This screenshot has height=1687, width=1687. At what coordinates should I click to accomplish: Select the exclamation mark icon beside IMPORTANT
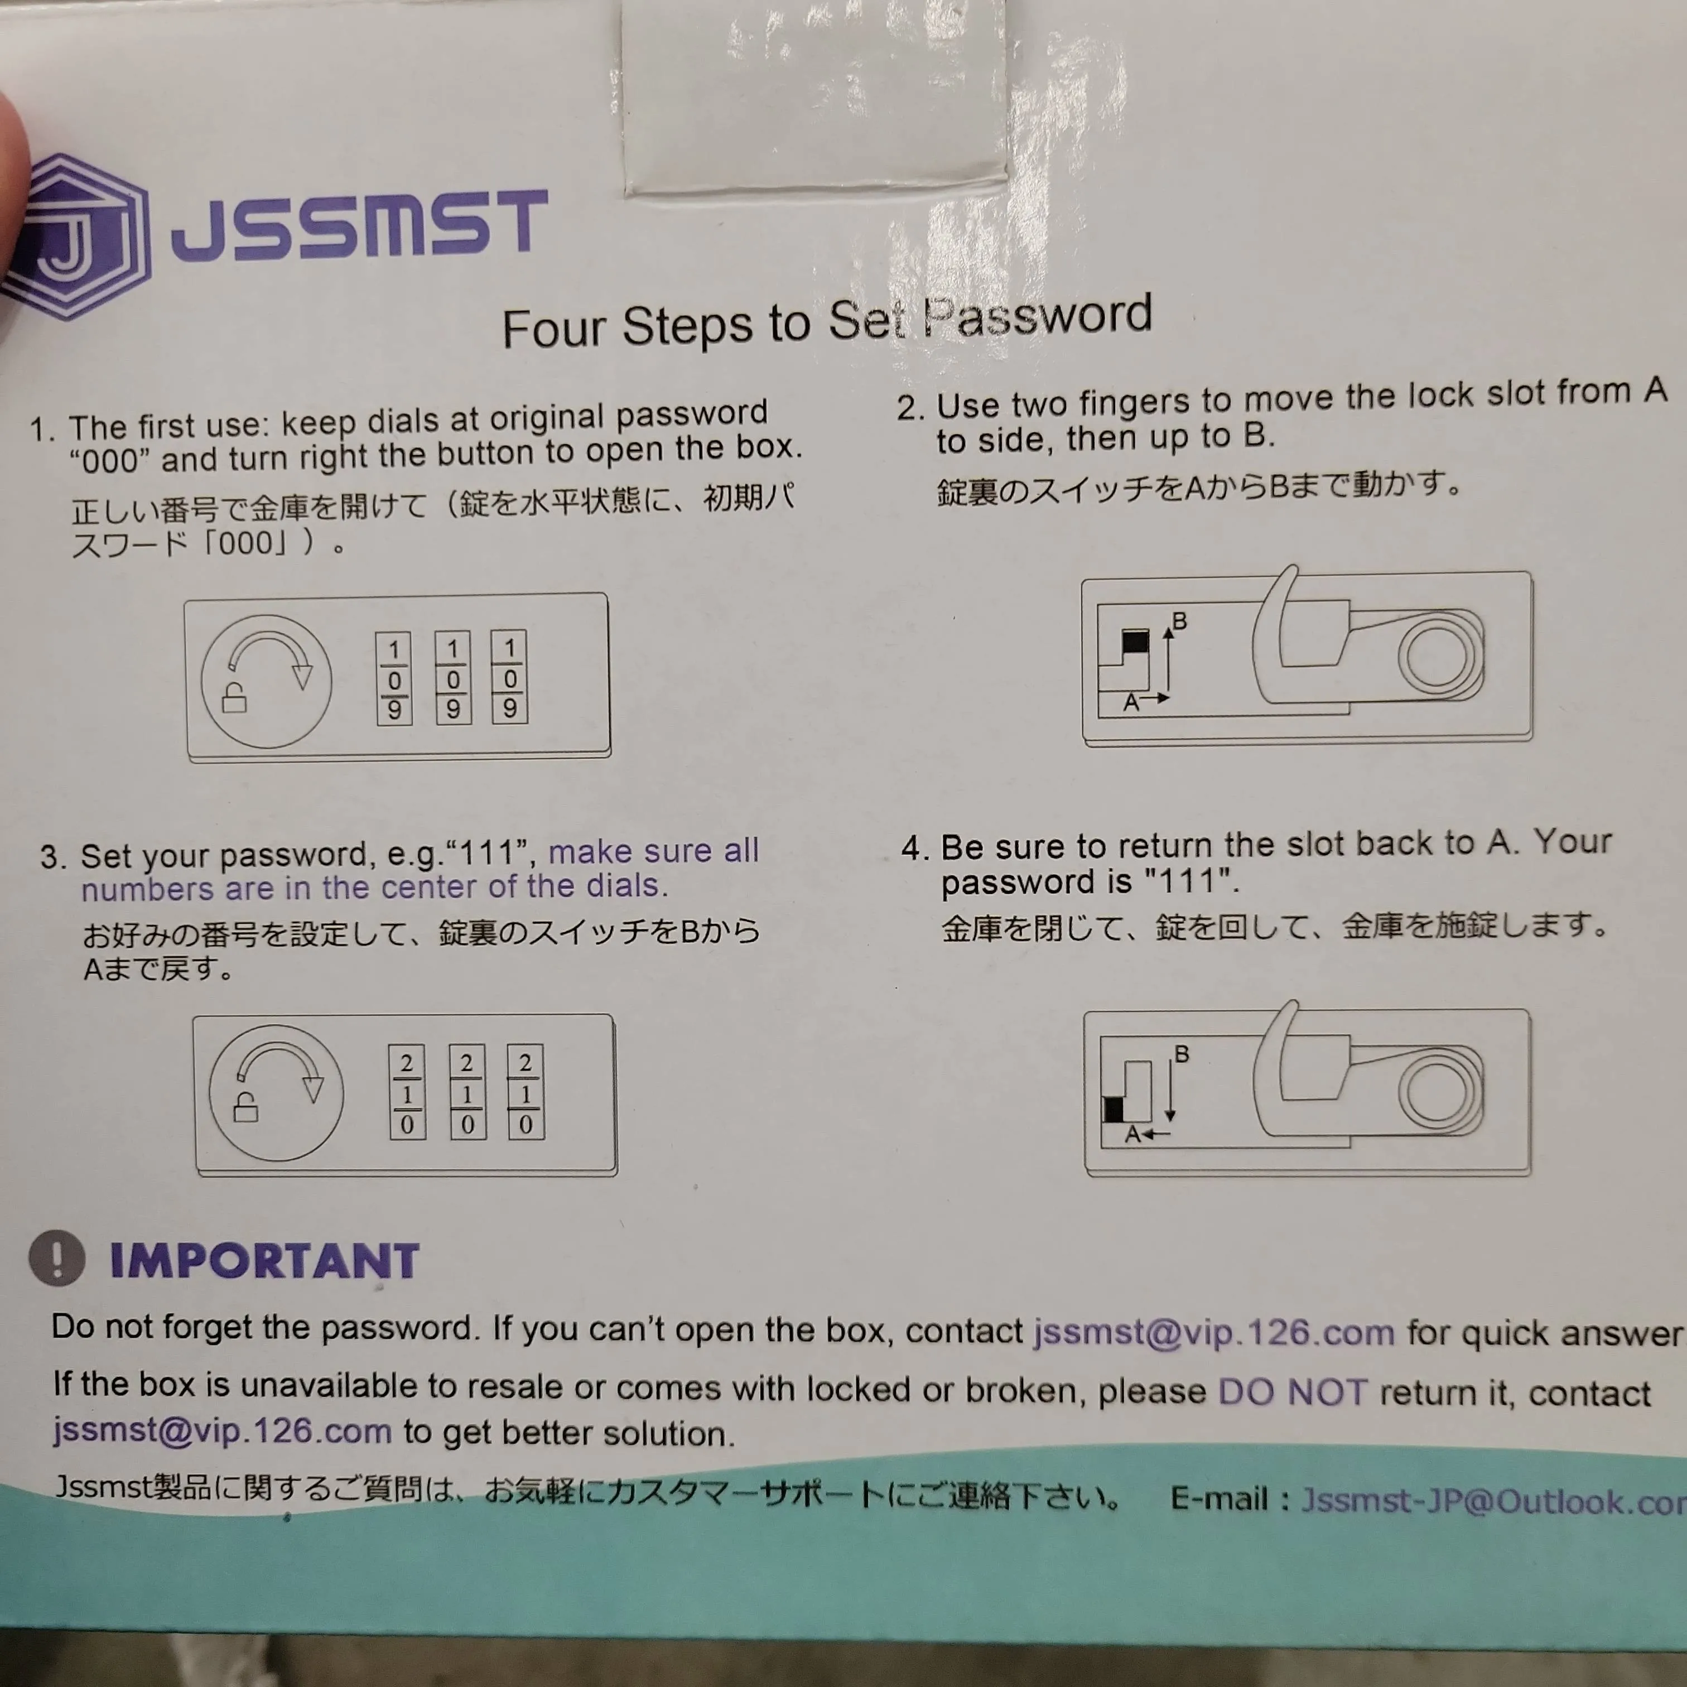[57, 1258]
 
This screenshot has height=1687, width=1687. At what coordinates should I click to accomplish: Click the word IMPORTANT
[264, 1261]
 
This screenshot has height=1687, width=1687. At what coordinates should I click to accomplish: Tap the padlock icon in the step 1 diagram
[234, 698]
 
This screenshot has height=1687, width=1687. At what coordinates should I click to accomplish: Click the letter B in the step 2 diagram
[1179, 621]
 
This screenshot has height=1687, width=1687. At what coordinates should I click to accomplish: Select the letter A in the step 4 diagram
[1132, 1134]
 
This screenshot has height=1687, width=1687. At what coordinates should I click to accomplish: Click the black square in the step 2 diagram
[1135, 642]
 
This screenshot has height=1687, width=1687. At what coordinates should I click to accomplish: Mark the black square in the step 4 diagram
[1114, 1110]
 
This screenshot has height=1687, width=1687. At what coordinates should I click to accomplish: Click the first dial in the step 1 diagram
[394, 678]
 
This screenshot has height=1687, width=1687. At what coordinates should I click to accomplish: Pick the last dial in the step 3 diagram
[526, 1092]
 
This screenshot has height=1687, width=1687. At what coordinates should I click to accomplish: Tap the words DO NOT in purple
[1293, 1391]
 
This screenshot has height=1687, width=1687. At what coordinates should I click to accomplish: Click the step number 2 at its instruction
[911, 408]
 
